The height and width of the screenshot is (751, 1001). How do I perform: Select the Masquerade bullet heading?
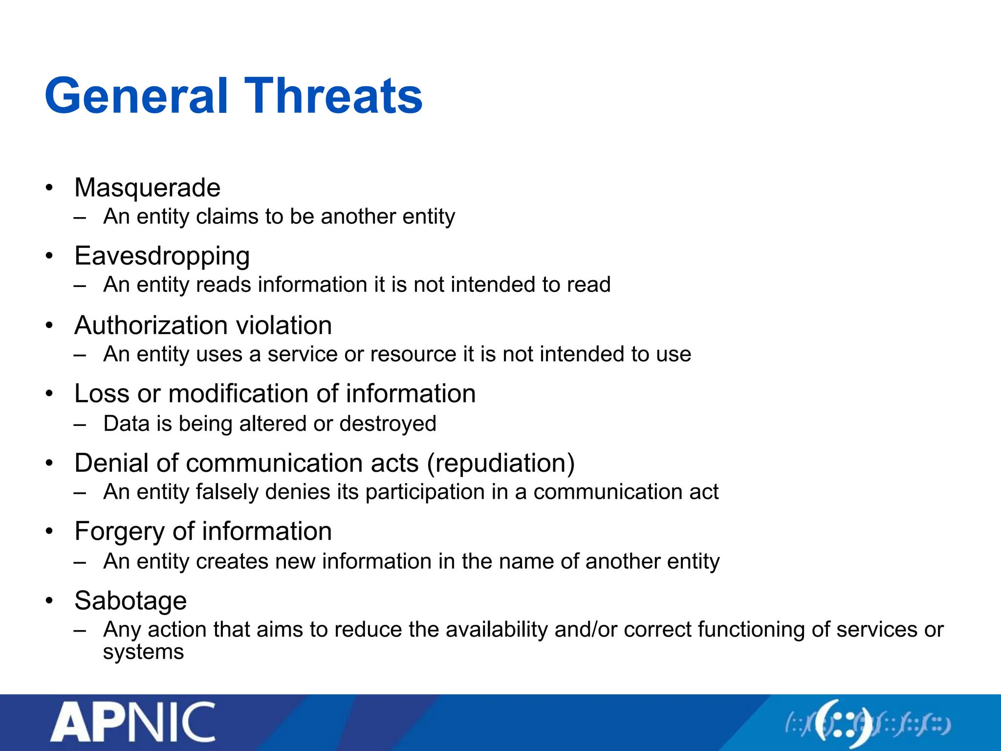pos(147,188)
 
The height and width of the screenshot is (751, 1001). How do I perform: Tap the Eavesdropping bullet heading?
pos(162,256)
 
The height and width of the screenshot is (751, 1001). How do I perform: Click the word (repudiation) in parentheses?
pos(500,463)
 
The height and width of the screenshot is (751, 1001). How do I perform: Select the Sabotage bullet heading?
pos(131,601)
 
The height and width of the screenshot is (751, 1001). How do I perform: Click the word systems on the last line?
pos(143,652)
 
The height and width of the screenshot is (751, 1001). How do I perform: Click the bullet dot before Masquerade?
pos(49,188)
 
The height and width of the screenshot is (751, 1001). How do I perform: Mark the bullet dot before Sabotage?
pos(49,601)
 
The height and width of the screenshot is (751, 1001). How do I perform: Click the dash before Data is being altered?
pos(80,424)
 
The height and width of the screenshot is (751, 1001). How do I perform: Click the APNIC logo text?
pos(133,722)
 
